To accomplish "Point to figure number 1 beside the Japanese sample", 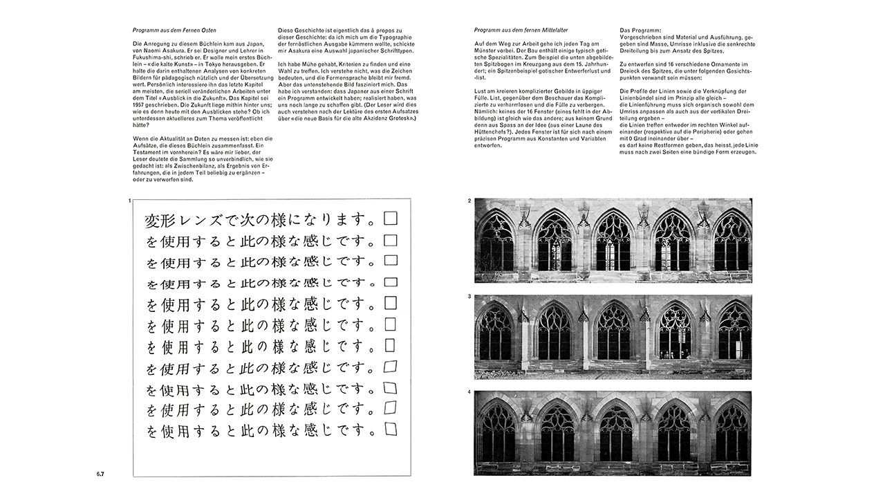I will [129, 201].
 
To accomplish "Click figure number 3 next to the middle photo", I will [469, 297].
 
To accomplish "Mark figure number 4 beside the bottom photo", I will [469, 393].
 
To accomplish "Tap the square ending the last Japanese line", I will [391, 430].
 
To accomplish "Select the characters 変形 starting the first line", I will [161, 221].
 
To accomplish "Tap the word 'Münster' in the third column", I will [486, 50].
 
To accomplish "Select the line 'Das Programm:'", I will [640, 31].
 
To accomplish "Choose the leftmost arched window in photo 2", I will [497, 242].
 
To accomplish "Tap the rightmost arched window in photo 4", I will [732, 432].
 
